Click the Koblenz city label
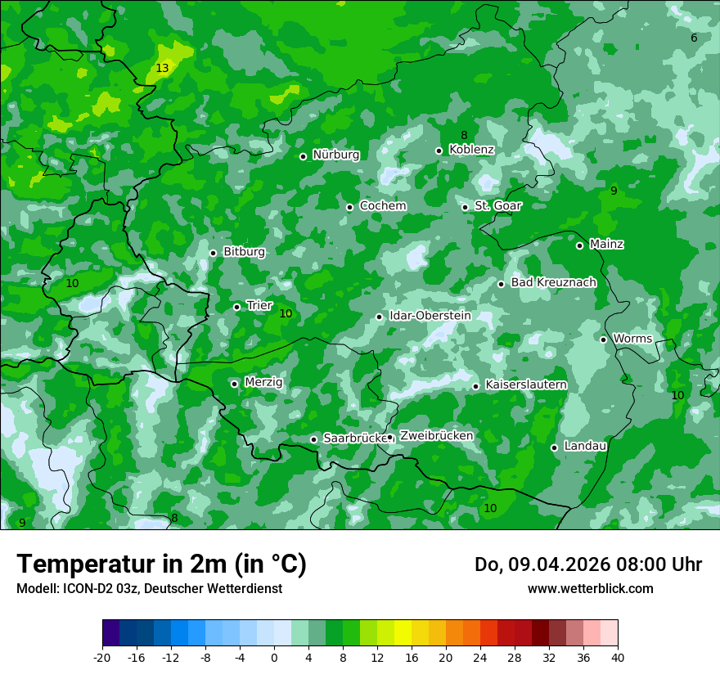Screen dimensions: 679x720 [471, 150]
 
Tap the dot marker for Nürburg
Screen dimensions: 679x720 [303, 156]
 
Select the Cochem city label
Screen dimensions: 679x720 [382, 206]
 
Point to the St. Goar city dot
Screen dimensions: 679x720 [465, 207]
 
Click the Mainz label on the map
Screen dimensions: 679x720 [606, 245]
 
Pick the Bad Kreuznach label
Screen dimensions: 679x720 [553, 283]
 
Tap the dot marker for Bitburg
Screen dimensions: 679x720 [213, 253]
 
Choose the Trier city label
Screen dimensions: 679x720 [259, 306]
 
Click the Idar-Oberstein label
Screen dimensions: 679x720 [430, 316]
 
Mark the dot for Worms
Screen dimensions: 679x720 [603, 339]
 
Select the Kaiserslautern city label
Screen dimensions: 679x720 [525, 384]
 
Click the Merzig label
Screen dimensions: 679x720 [263, 383]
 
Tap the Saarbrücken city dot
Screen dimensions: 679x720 [313, 439]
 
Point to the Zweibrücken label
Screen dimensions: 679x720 [436, 436]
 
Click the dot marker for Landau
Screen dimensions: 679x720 [554, 447]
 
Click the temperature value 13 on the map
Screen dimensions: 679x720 [162, 69]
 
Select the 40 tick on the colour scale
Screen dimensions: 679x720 [618, 657]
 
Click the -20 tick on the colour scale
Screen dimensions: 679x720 [102, 657]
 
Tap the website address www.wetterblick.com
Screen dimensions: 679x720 [590, 589]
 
